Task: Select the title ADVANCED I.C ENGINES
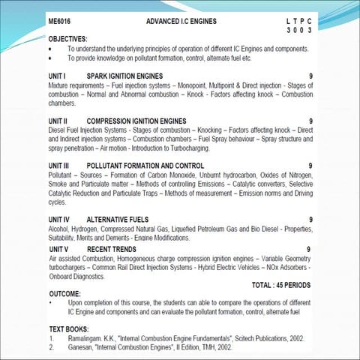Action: (x=176, y=25)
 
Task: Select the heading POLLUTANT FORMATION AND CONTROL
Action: (x=145, y=165)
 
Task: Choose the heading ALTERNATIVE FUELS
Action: (x=119, y=219)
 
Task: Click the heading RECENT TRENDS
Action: (x=112, y=248)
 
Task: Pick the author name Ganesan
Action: (x=80, y=348)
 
